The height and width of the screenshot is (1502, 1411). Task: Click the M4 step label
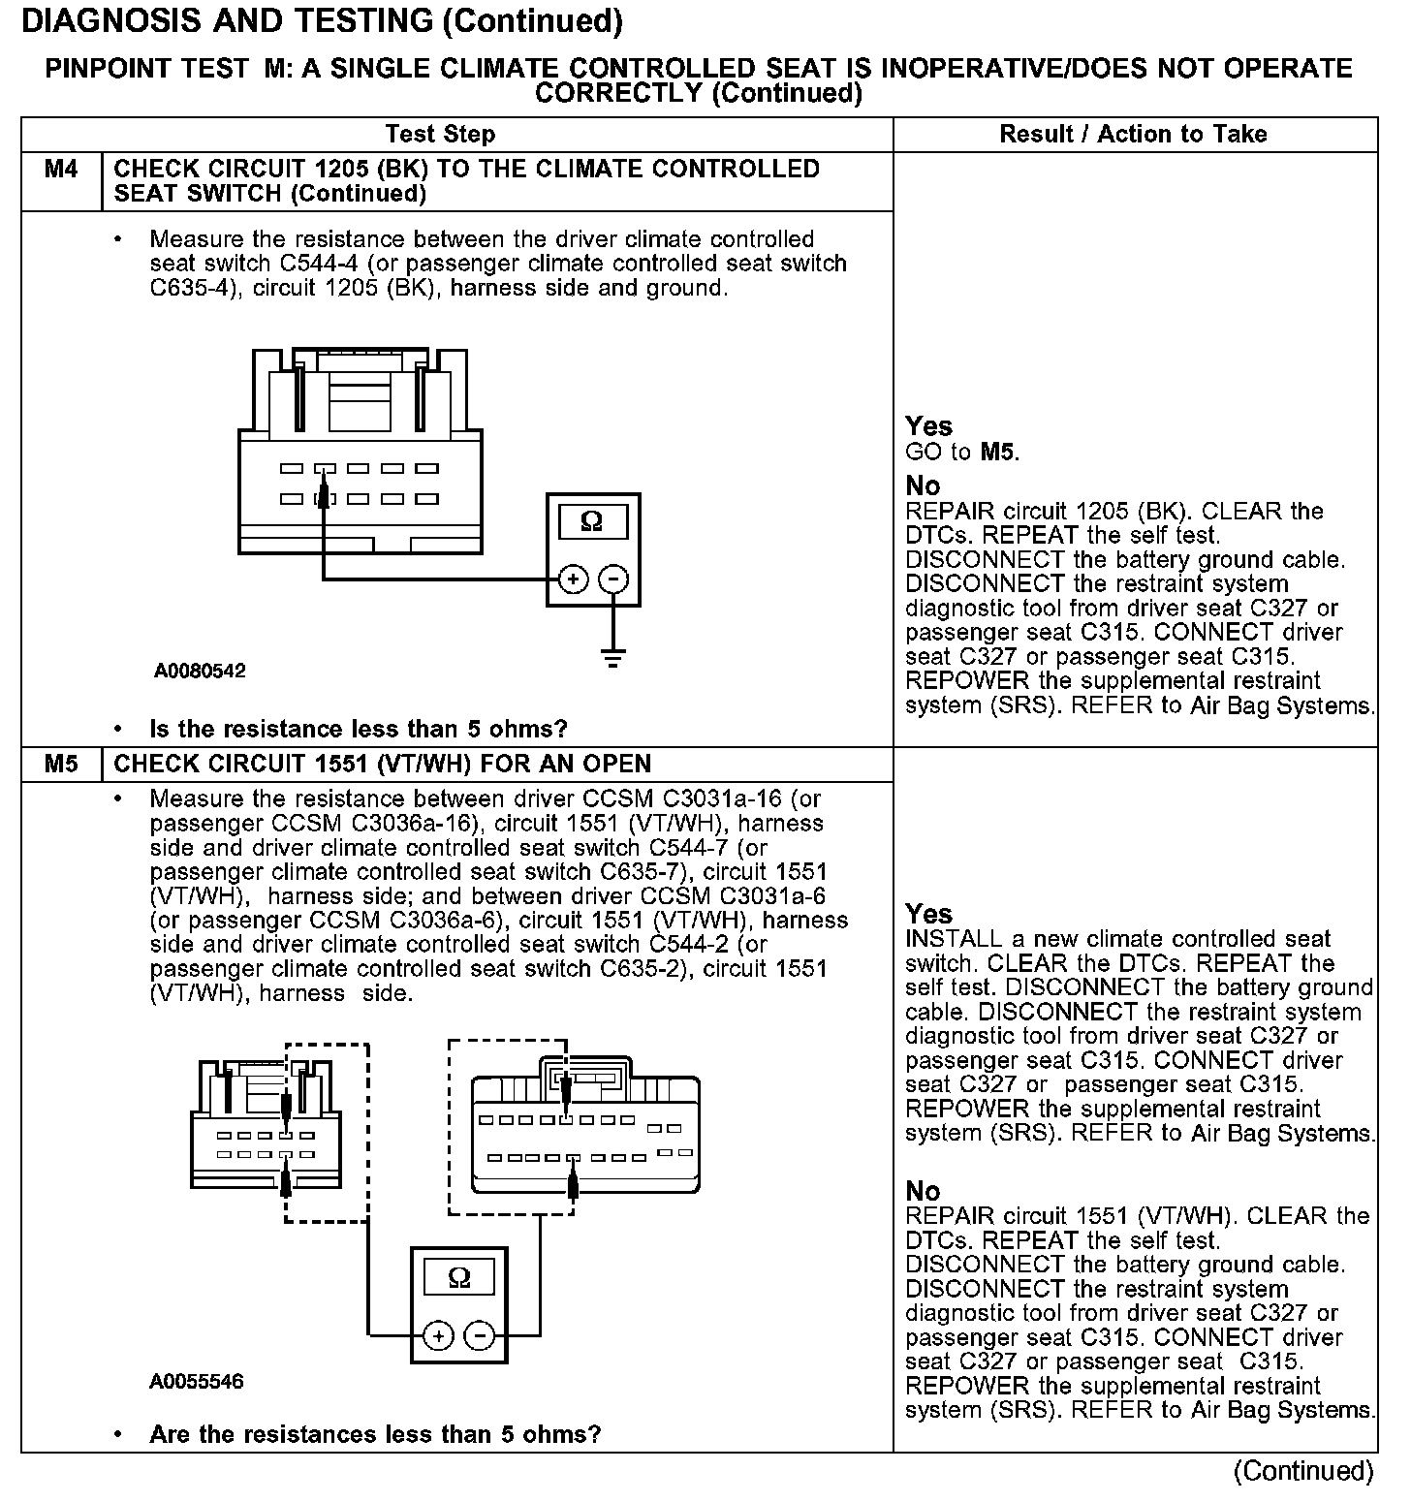coord(61,170)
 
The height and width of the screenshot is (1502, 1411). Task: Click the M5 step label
coord(61,764)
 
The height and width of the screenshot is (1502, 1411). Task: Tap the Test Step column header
coord(440,134)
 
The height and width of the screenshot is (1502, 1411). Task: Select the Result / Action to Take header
coord(1133,134)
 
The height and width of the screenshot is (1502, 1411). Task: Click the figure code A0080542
coord(200,671)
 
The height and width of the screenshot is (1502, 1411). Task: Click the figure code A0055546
coord(197,1381)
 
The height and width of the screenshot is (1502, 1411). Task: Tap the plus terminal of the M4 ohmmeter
coord(574,579)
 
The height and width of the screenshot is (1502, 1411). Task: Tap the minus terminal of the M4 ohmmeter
coord(613,579)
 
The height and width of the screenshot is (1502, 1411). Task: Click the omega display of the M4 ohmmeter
coord(592,522)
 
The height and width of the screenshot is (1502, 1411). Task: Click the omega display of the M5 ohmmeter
coord(459,1277)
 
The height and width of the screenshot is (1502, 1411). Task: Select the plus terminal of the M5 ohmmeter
coord(439,1336)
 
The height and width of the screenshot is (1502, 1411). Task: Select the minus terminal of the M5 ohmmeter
coord(480,1336)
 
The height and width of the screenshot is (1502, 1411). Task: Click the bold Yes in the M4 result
coord(928,426)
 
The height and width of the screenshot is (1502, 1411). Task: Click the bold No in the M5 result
coord(923,1190)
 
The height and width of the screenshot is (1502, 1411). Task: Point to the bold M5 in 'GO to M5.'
coord(997,452)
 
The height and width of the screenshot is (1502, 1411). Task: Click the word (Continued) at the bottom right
coord(1303,1471)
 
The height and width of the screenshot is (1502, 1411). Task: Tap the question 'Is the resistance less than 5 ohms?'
coord(358,729)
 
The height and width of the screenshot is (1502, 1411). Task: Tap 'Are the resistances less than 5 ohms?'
coord(375,1434)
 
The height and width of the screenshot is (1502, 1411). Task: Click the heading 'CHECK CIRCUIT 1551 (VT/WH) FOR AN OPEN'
coord(383,764)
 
